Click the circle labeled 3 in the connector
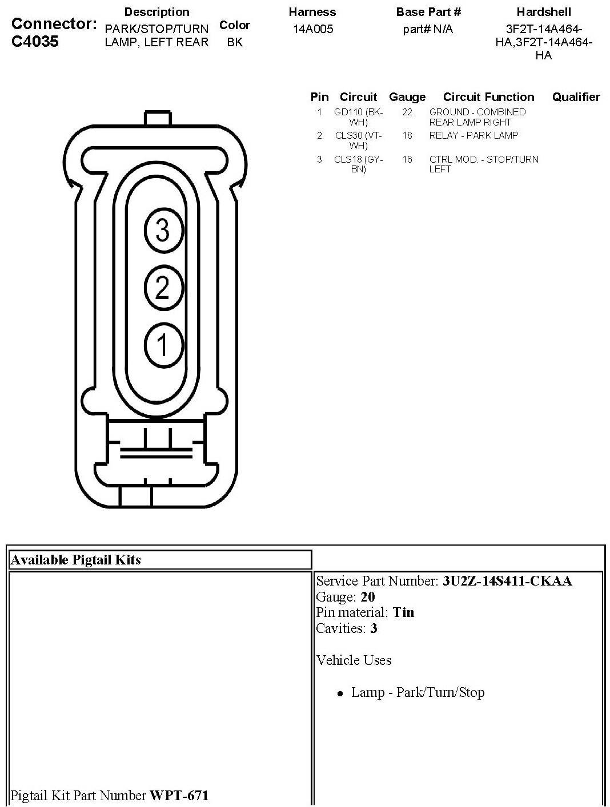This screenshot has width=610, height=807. pos(163,231)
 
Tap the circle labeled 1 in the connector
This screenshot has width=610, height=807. pos(163,345)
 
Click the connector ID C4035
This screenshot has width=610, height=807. pos(35,42)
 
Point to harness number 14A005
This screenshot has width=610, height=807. pos(312,29)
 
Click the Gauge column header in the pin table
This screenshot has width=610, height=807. pos(407,97)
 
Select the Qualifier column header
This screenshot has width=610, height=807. pos(576,97)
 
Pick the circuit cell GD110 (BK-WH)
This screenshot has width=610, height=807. pos(358,117)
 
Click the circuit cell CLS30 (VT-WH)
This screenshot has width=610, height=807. pos(358,140)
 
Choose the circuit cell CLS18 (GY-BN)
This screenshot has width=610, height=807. pos(358,164)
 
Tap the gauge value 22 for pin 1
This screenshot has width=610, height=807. pos(407,112)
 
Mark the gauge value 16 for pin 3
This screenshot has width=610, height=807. pos(407,160)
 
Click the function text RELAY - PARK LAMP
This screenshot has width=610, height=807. pos(473,136)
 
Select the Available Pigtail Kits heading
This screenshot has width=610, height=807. pos(75,560)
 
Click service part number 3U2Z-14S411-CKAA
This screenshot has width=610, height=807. pos(507,581)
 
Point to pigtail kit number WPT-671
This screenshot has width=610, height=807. pos(179,795)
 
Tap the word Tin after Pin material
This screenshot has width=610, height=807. pos(403,612)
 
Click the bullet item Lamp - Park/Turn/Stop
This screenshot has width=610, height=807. pos(418,692)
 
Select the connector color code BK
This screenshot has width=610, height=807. pos(234,42)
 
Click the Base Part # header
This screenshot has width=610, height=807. pos(428,12)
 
